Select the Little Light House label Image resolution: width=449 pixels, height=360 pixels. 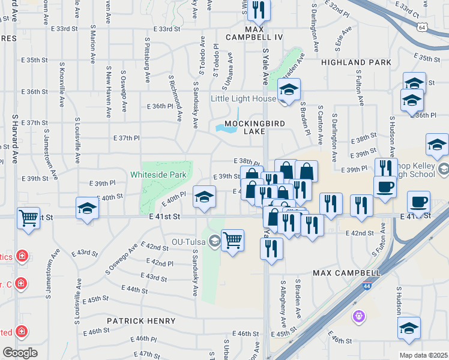point(243,98)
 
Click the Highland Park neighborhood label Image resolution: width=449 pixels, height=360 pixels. point(356,62)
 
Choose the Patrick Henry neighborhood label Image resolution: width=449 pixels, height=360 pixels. point(141,321)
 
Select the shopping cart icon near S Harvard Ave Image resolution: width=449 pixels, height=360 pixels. point(28,218)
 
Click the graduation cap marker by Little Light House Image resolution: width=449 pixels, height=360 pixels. point(289,91)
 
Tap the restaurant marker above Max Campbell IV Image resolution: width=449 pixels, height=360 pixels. point(259,10)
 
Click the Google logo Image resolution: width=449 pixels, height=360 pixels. point(20,353)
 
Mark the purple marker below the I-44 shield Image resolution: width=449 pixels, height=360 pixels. point(359,315)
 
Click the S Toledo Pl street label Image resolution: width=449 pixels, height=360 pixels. point(215,59)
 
